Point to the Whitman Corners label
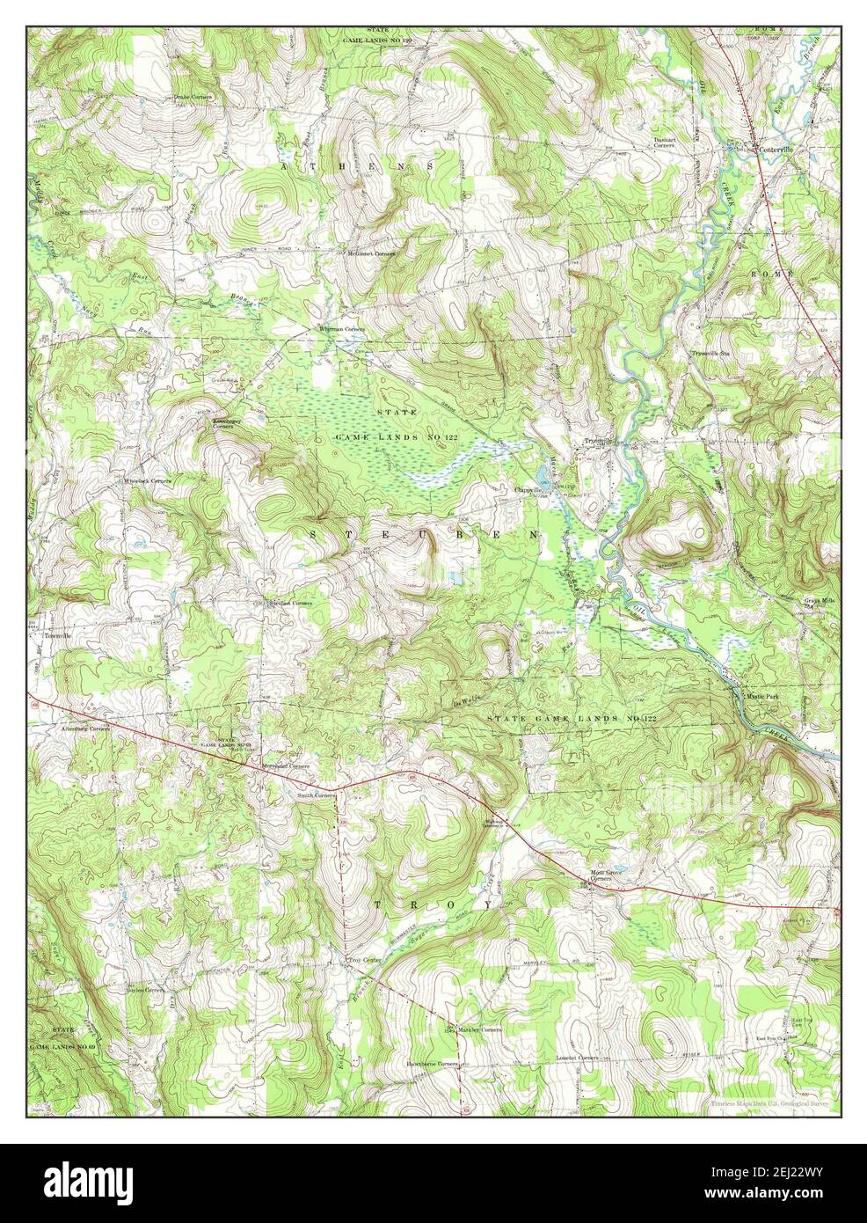[341, 329]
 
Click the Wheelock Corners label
[147, 481]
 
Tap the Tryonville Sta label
[712, 353]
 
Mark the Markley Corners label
[478, 1029]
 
